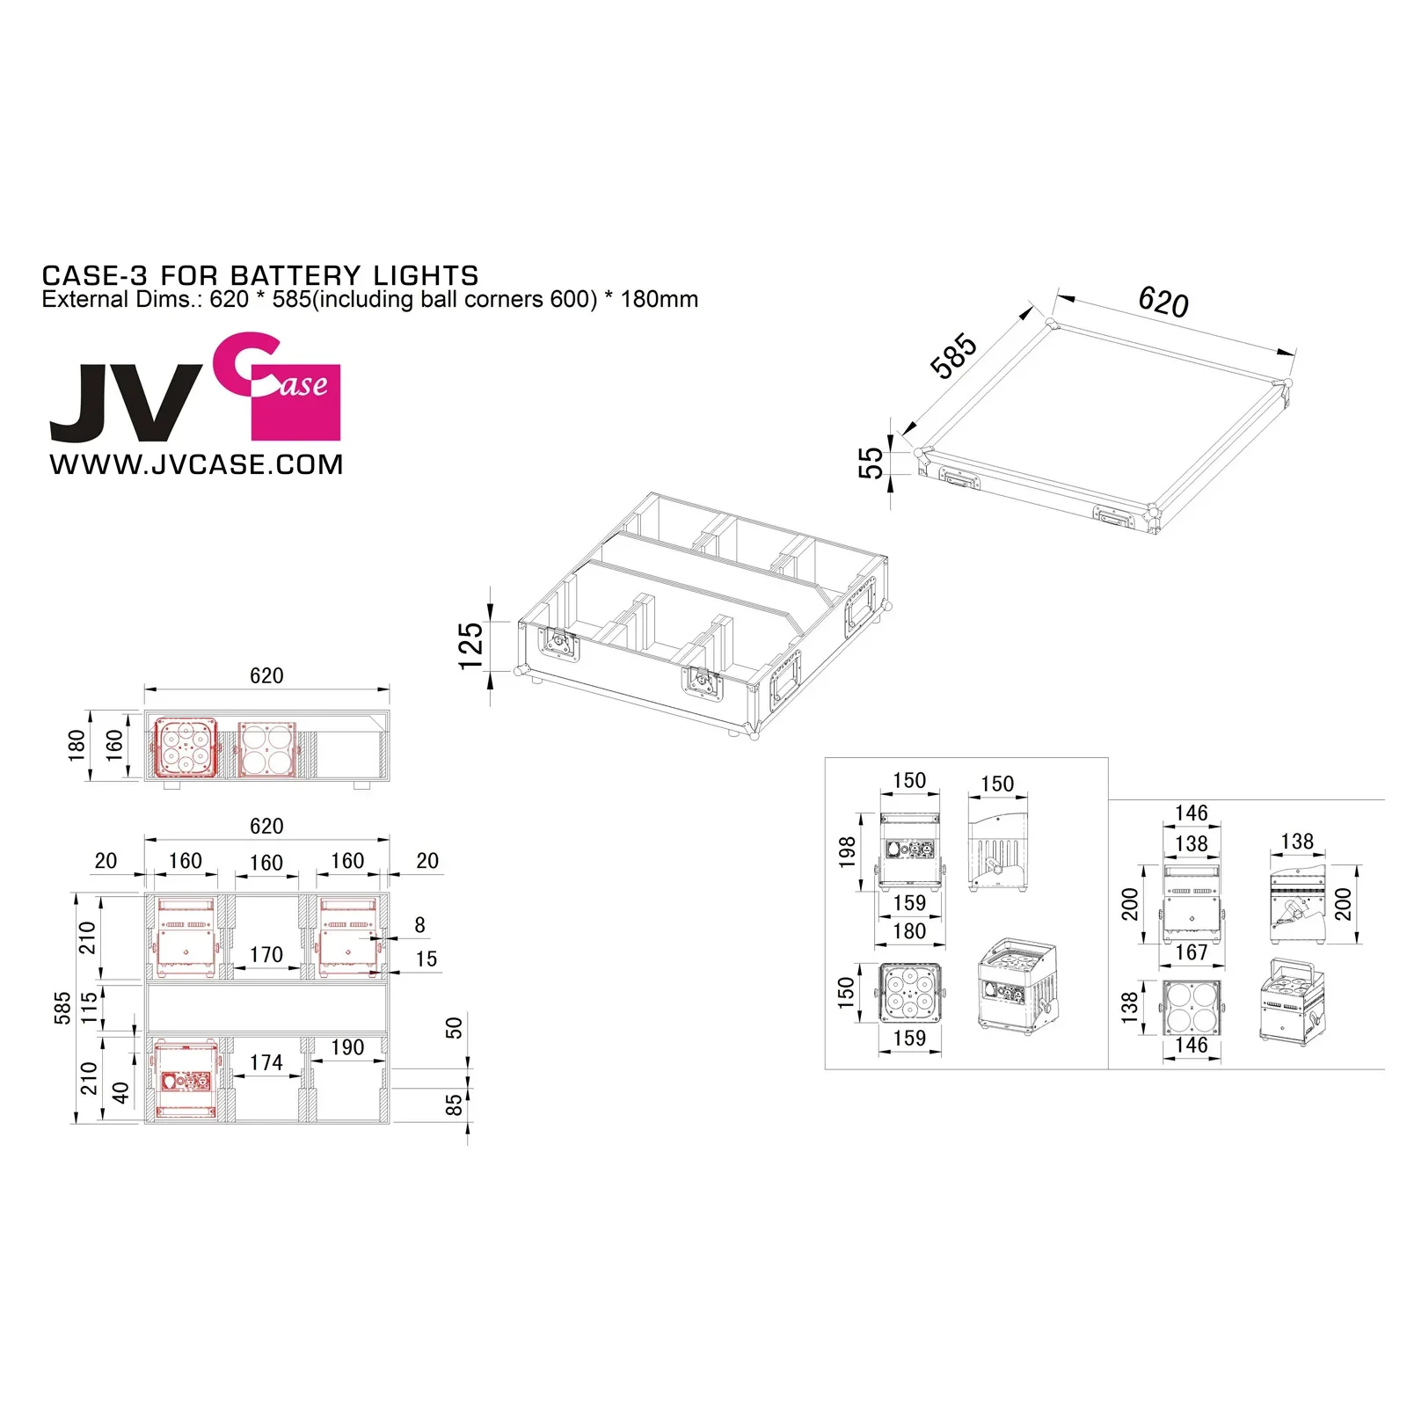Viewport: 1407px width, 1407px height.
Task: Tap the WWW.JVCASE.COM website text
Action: (x=196, y=464)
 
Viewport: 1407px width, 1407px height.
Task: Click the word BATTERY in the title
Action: (x=295, y=275)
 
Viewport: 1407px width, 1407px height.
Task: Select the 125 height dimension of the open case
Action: (x=471, y=646)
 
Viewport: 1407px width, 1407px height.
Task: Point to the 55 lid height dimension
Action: (x=871, y=463)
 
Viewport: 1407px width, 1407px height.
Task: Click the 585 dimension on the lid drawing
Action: (x=953, y=355)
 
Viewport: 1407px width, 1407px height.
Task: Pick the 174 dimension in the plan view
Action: (x=266, y=1062)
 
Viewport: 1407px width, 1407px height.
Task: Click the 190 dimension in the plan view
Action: (x=347, y=1047)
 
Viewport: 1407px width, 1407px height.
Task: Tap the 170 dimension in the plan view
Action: (x=266, y=954)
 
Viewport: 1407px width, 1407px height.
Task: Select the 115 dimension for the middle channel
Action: (x=89, y=1008)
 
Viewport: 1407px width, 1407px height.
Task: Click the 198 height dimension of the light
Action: (x=847, y=851)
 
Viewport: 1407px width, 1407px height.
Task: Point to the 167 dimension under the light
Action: (x=1191, y=952)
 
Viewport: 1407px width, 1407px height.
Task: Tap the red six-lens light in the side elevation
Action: (x=186, y=747)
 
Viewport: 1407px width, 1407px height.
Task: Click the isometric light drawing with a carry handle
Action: (x=1291, y=1002)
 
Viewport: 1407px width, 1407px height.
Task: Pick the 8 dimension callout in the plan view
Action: (x=419, y=925)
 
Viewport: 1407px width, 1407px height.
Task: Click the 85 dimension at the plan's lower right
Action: (x=454, y=1105)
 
